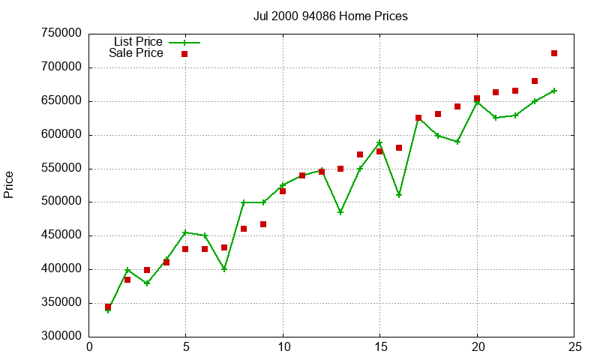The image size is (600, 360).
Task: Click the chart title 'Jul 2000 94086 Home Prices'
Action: tap(330, 16)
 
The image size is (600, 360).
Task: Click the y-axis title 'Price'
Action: tap(9, 184)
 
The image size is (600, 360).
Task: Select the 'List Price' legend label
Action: tap(137, 41)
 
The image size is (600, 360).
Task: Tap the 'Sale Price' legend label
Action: tap(136, 53)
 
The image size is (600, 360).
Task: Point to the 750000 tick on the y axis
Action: tap(62, 34)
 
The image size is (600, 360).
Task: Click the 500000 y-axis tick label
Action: tap(62, 202)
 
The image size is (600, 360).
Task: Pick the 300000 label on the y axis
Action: tap(62, 337)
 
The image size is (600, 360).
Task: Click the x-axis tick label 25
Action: tap(574, 346)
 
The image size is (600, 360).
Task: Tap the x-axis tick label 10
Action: tap(283, 346)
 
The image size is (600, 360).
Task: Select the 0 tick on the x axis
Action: tap(90, 346)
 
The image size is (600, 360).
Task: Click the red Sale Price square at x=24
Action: tap(554, 53)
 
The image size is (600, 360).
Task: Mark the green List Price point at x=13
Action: tap(340, 212)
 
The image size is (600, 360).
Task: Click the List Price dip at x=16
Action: tap(399, 195)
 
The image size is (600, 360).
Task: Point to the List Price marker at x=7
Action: tap(224, 269)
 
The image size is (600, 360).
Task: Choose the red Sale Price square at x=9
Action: tap(263, 224)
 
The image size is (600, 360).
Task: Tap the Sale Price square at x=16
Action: tap(399, 148)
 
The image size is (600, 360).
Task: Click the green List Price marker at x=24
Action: tap(554, 91)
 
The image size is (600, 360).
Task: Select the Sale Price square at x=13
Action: tap(340, 169)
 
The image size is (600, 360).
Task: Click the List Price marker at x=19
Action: tap(457, 142)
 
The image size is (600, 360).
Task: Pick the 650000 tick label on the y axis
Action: tap(62, 101)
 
